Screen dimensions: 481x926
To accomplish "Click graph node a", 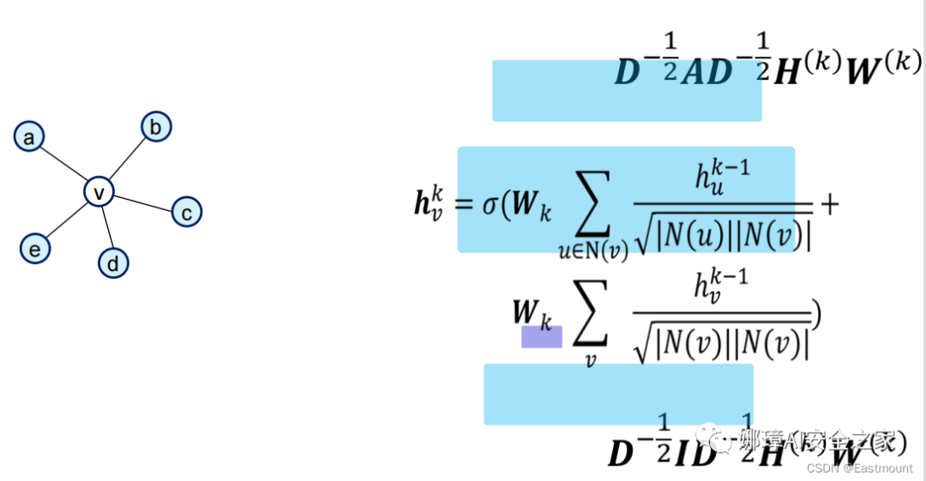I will tap(29, 136).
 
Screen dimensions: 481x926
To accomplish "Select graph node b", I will tap(156, 127).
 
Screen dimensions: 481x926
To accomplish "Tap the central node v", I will tap(99, 192).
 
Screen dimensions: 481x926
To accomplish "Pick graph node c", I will tap(187, 211).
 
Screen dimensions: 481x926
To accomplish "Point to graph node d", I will tap(113, 263).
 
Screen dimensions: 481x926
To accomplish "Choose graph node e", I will tap(35, 249).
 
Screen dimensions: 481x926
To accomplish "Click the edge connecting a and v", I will tap(63, 164).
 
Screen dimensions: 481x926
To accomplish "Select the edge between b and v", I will tap(128, 159).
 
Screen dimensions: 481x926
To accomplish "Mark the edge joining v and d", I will tap(106, 228).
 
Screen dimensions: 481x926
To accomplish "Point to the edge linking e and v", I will tap(67, 220).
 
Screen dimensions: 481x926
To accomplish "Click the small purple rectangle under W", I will tap(542, 336).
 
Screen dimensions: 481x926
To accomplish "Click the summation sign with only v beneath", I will tap(589, 318).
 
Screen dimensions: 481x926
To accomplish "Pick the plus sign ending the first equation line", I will tap(829, 204).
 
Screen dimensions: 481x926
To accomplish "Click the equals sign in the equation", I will tap(463, 206).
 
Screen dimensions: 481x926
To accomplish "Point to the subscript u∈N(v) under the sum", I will tap(592, 250).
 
